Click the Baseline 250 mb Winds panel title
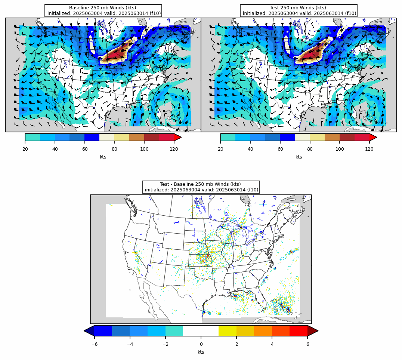tap(103, 10)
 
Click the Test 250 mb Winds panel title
tap(299, 10)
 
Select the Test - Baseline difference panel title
tap(201, 187)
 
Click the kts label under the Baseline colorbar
tap(103, 157)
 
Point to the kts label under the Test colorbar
tap(299, 157)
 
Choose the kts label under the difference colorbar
tap(201, 352)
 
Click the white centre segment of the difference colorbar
tap(201, 331)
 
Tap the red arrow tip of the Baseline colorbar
tap(178, 137)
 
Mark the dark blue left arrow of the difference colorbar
tap(89, 331)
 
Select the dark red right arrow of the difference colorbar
tap(313, 331)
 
